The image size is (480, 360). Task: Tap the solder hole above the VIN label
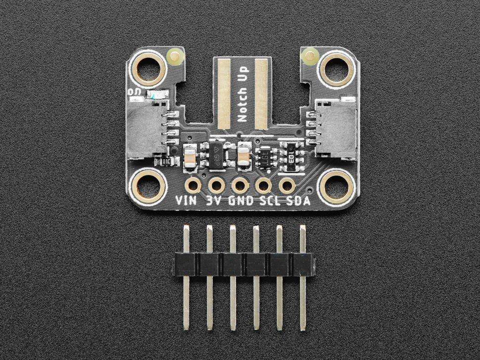192,186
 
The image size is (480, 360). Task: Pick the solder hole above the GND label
240,186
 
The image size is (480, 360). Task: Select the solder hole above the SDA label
286,186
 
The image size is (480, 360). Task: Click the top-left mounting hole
148,68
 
